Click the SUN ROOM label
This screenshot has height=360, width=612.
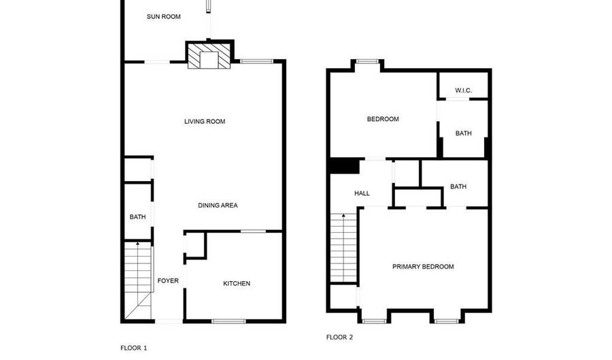[x=163, y=16]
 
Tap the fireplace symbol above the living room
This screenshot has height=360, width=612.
[x=209, y=56]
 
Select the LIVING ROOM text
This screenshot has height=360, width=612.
[x=205, y=121]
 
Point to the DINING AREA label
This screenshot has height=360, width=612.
[x=218, y=206]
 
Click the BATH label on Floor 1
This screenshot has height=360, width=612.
[x=138, y=216]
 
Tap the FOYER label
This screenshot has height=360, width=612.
[x=168, y=281]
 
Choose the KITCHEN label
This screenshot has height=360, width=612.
[x=237, y=284]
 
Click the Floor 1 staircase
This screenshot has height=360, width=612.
[x=138, y=280]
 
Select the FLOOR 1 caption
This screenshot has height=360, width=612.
[x=134, y=348]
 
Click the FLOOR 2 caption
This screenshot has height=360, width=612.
[x=339, y=337]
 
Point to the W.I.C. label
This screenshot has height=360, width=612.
[x=463, y=91]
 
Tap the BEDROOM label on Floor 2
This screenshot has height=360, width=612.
[x=383, y=119]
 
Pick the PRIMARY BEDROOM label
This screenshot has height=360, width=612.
[x=423, y=267]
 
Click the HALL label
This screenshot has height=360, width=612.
[x=362, y=193]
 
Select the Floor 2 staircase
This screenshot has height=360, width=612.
[x=343, y=248]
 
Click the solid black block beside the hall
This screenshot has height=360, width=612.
[x=345, y=166]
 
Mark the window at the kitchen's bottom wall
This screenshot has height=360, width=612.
[x=228, y=321]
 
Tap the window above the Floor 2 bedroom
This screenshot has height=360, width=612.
[x=368, y=61]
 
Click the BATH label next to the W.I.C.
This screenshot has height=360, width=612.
[x=463, y=133]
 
